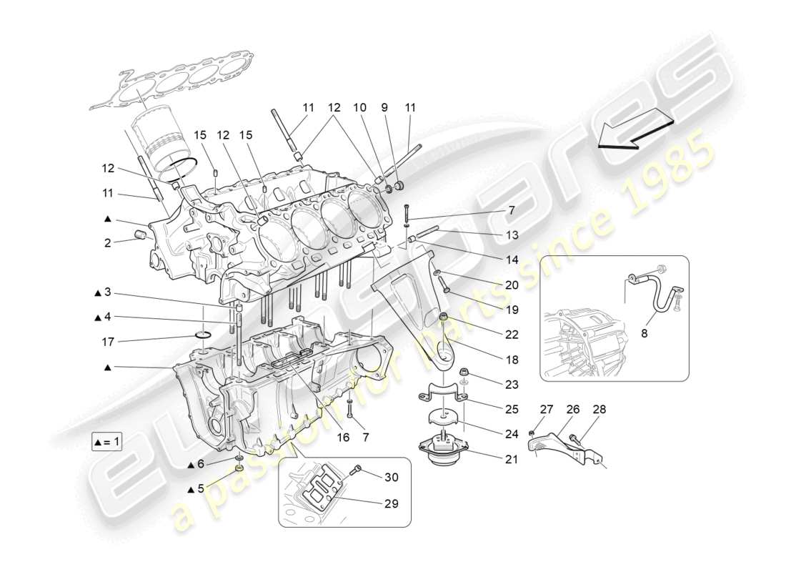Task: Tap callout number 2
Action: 107,242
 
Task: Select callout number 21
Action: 511,460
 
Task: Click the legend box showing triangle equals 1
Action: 107,441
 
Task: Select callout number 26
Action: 573,410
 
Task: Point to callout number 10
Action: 359,108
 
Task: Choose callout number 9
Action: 384,108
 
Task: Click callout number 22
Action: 511,334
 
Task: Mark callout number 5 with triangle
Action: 200,489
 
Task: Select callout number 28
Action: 599,410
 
